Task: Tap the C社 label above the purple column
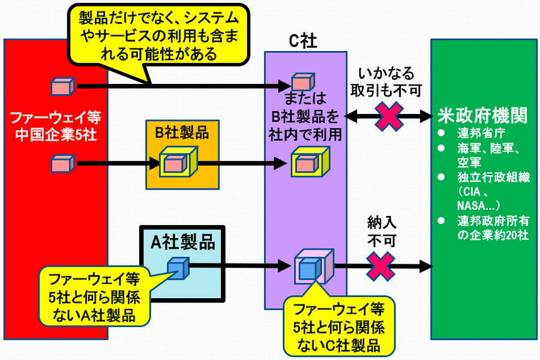304,41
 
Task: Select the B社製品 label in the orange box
182,133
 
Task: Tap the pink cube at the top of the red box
62,86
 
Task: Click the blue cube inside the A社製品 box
178,266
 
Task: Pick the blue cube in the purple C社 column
309,268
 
